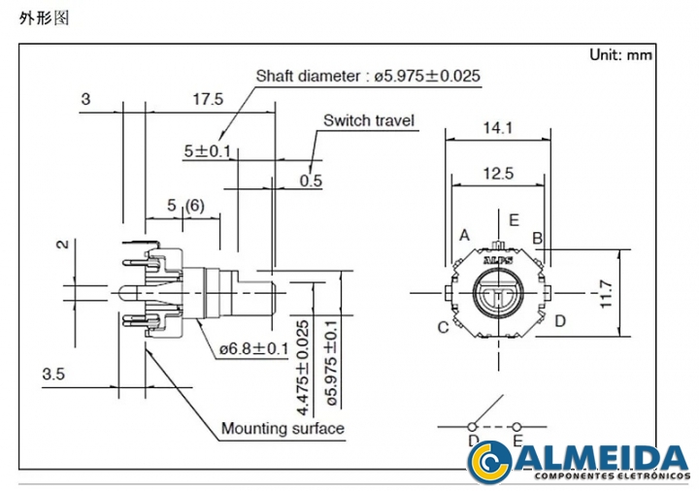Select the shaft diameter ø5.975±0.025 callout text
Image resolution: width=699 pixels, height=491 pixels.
point(368,76)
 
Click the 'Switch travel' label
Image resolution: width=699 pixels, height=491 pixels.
point(369,121)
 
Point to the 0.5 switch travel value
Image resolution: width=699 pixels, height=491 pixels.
point(311,180)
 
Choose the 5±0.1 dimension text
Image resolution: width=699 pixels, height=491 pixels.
point(207,151)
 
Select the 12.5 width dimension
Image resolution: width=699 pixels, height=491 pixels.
point(496,174)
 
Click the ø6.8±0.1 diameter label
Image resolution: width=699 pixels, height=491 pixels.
point(254,348)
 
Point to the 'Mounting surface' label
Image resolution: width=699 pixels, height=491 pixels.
point(283,428)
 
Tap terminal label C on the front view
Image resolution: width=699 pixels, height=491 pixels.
point(443,327)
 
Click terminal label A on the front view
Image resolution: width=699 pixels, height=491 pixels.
point(465,236)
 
